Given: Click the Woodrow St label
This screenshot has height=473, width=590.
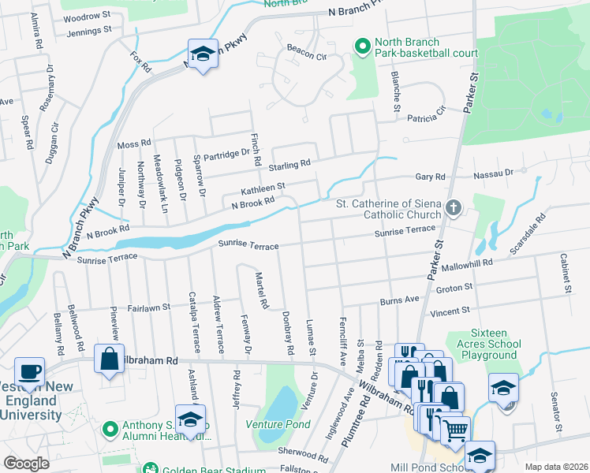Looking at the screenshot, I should pyautogui.click(x=86, y=16).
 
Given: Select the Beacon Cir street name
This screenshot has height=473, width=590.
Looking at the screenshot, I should pyautogui.click(x=306, y=57).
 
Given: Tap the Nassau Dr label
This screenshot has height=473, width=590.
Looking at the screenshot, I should pyautogui.click(x=493, y=171).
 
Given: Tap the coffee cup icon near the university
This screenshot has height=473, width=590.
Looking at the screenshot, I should pyautogui.click(x=30, y=371).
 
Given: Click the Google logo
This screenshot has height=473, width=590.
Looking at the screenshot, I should pyautogui.click(x=26, y=464).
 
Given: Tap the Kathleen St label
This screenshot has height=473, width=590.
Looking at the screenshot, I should pyautogui.click(x=263, y=188).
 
